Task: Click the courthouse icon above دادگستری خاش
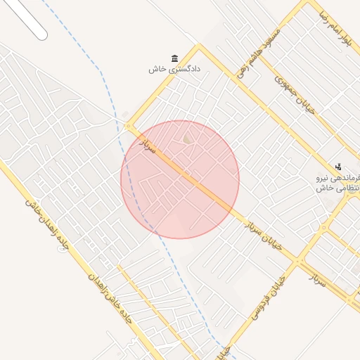[174, 58]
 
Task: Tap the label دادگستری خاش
[174, 69]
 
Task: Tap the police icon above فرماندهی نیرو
[338, 167]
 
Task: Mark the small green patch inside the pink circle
[187, 140]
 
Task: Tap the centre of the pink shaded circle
[180, 179]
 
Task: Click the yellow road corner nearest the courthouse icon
[199, 47]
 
